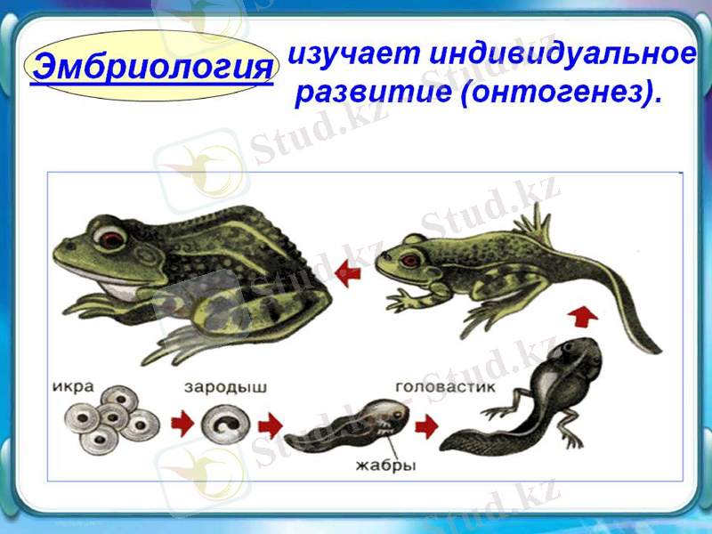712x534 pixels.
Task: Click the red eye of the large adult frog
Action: [x=110, y=238]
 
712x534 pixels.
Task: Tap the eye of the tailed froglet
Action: [x=410, y=259]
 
